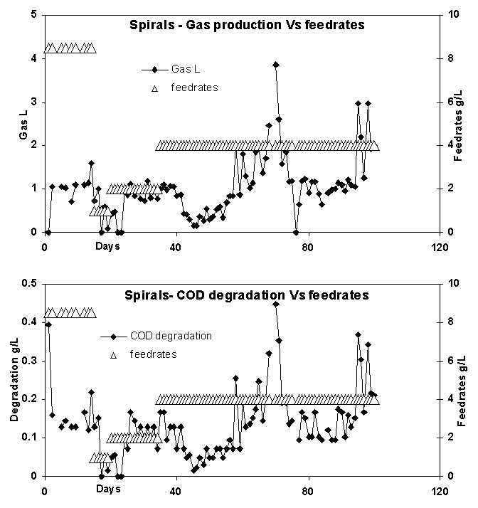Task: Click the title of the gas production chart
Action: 247,25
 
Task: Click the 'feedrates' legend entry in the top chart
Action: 194,88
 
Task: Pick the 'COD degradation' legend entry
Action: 170,336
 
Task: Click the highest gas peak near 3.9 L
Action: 275,65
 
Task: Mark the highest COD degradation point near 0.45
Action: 276,304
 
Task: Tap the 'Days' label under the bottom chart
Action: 108,490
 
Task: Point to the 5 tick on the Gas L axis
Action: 34,15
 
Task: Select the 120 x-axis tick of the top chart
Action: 440,246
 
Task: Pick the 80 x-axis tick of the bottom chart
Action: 308,490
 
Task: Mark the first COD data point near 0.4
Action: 48,324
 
